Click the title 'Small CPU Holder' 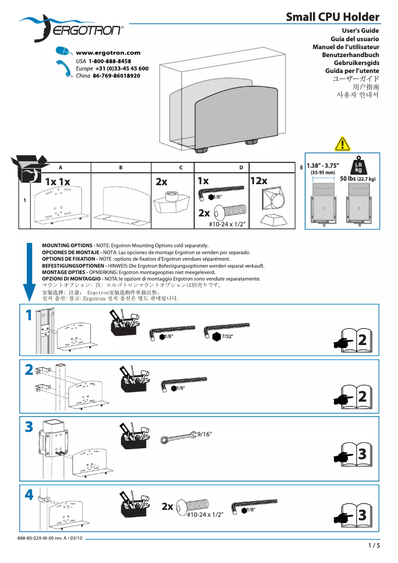point(332,17)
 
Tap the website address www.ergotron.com point(108,53)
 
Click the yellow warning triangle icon point(342,144)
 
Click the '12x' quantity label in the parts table point(259,181)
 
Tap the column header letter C point(181,168)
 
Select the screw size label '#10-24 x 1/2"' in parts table point(228,224)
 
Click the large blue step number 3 point(29,426)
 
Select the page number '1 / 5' point(374,546)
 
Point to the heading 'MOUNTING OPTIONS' point(68,246)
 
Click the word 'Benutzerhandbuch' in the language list point(350,55)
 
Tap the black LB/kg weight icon point(358,167)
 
